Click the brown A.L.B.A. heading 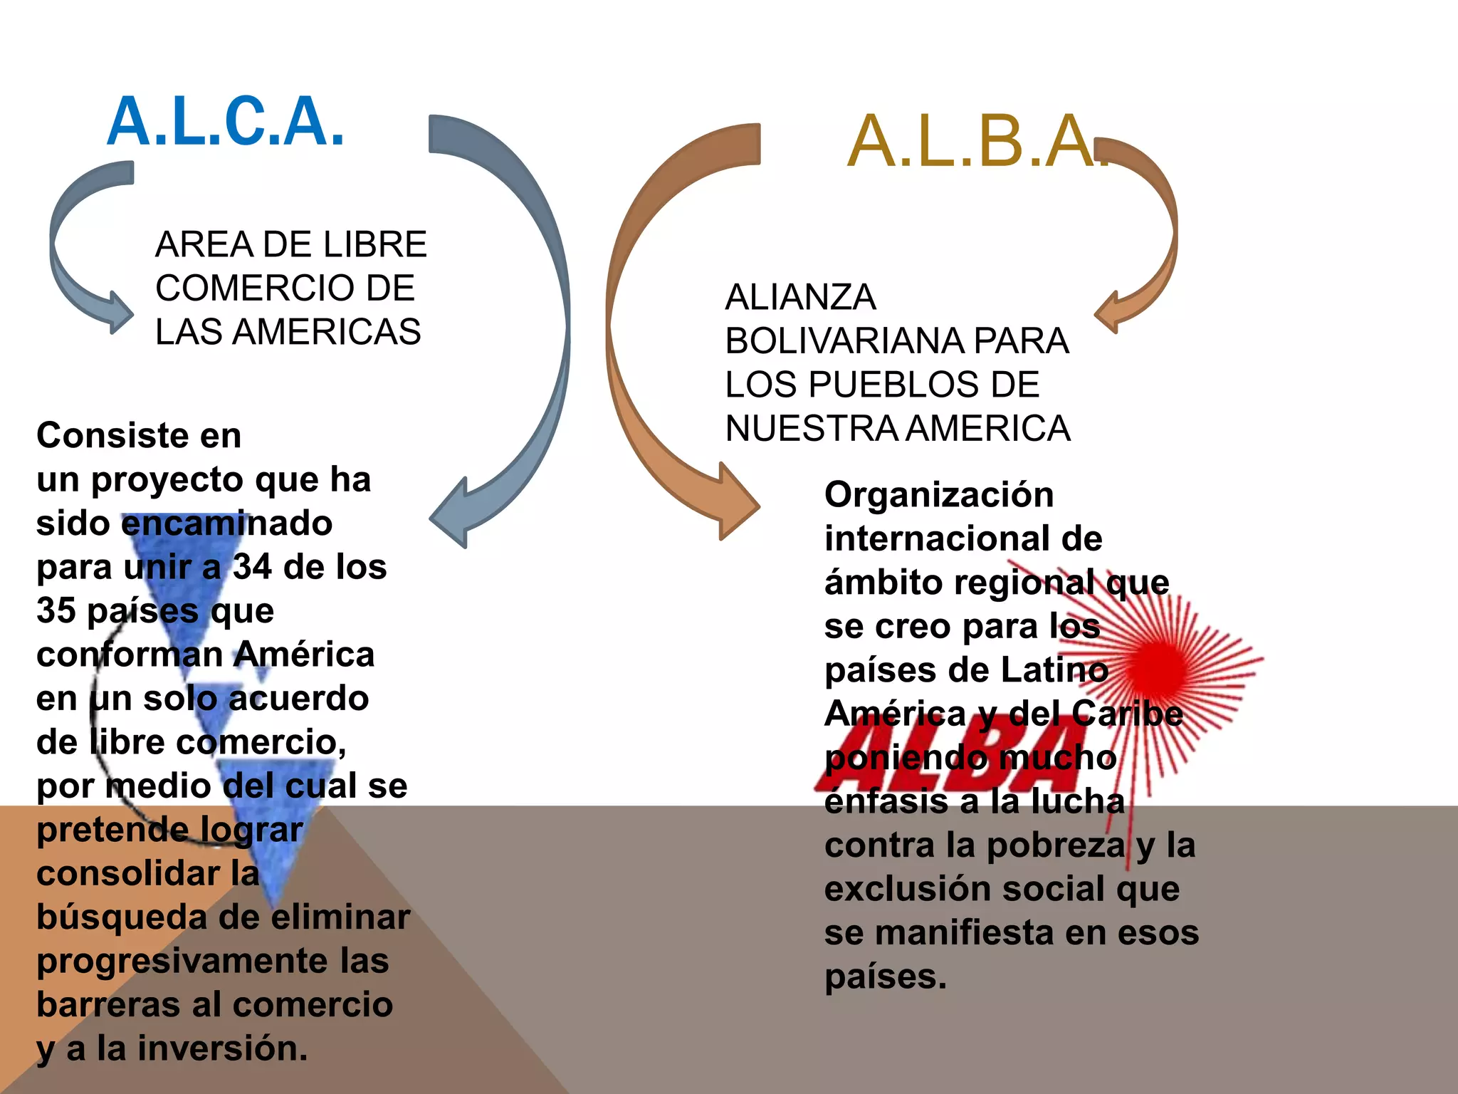pyautogui.click(x=975, y=142)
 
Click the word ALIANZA pyautogui.click(x=800, y=297)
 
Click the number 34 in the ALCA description pyautogui.click(x=252, y=567)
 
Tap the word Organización pyautogui.click(x=939, y=495)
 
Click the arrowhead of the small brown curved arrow pyautogui.click(x=1110, y=313)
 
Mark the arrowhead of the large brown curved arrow pyautogui.click(x=737, y=502)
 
